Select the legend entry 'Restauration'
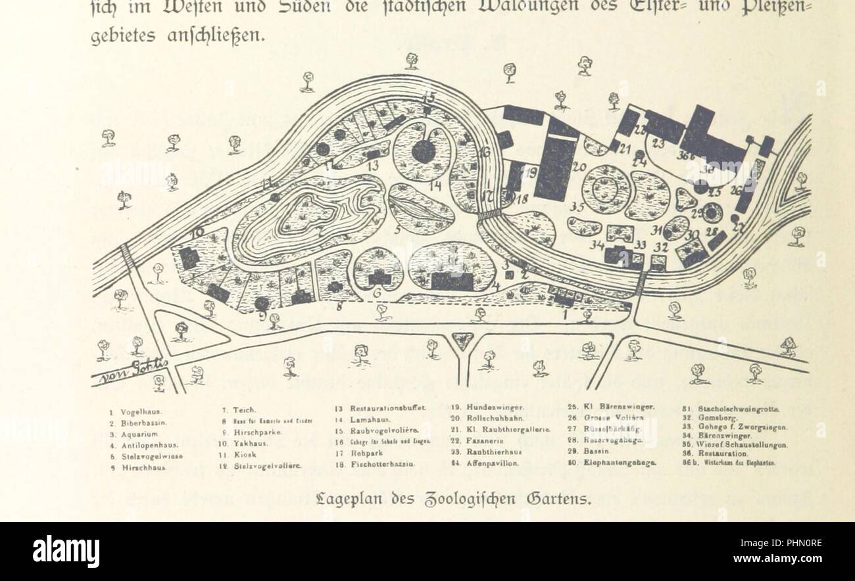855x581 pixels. [723, 453]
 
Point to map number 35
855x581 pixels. [577, 207]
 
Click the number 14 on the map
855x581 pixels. [435, 186]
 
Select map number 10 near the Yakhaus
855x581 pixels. [197, 232]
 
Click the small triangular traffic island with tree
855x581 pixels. [463, 339]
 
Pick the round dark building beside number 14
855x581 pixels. [423, 152]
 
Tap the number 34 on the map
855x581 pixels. [597, 245]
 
